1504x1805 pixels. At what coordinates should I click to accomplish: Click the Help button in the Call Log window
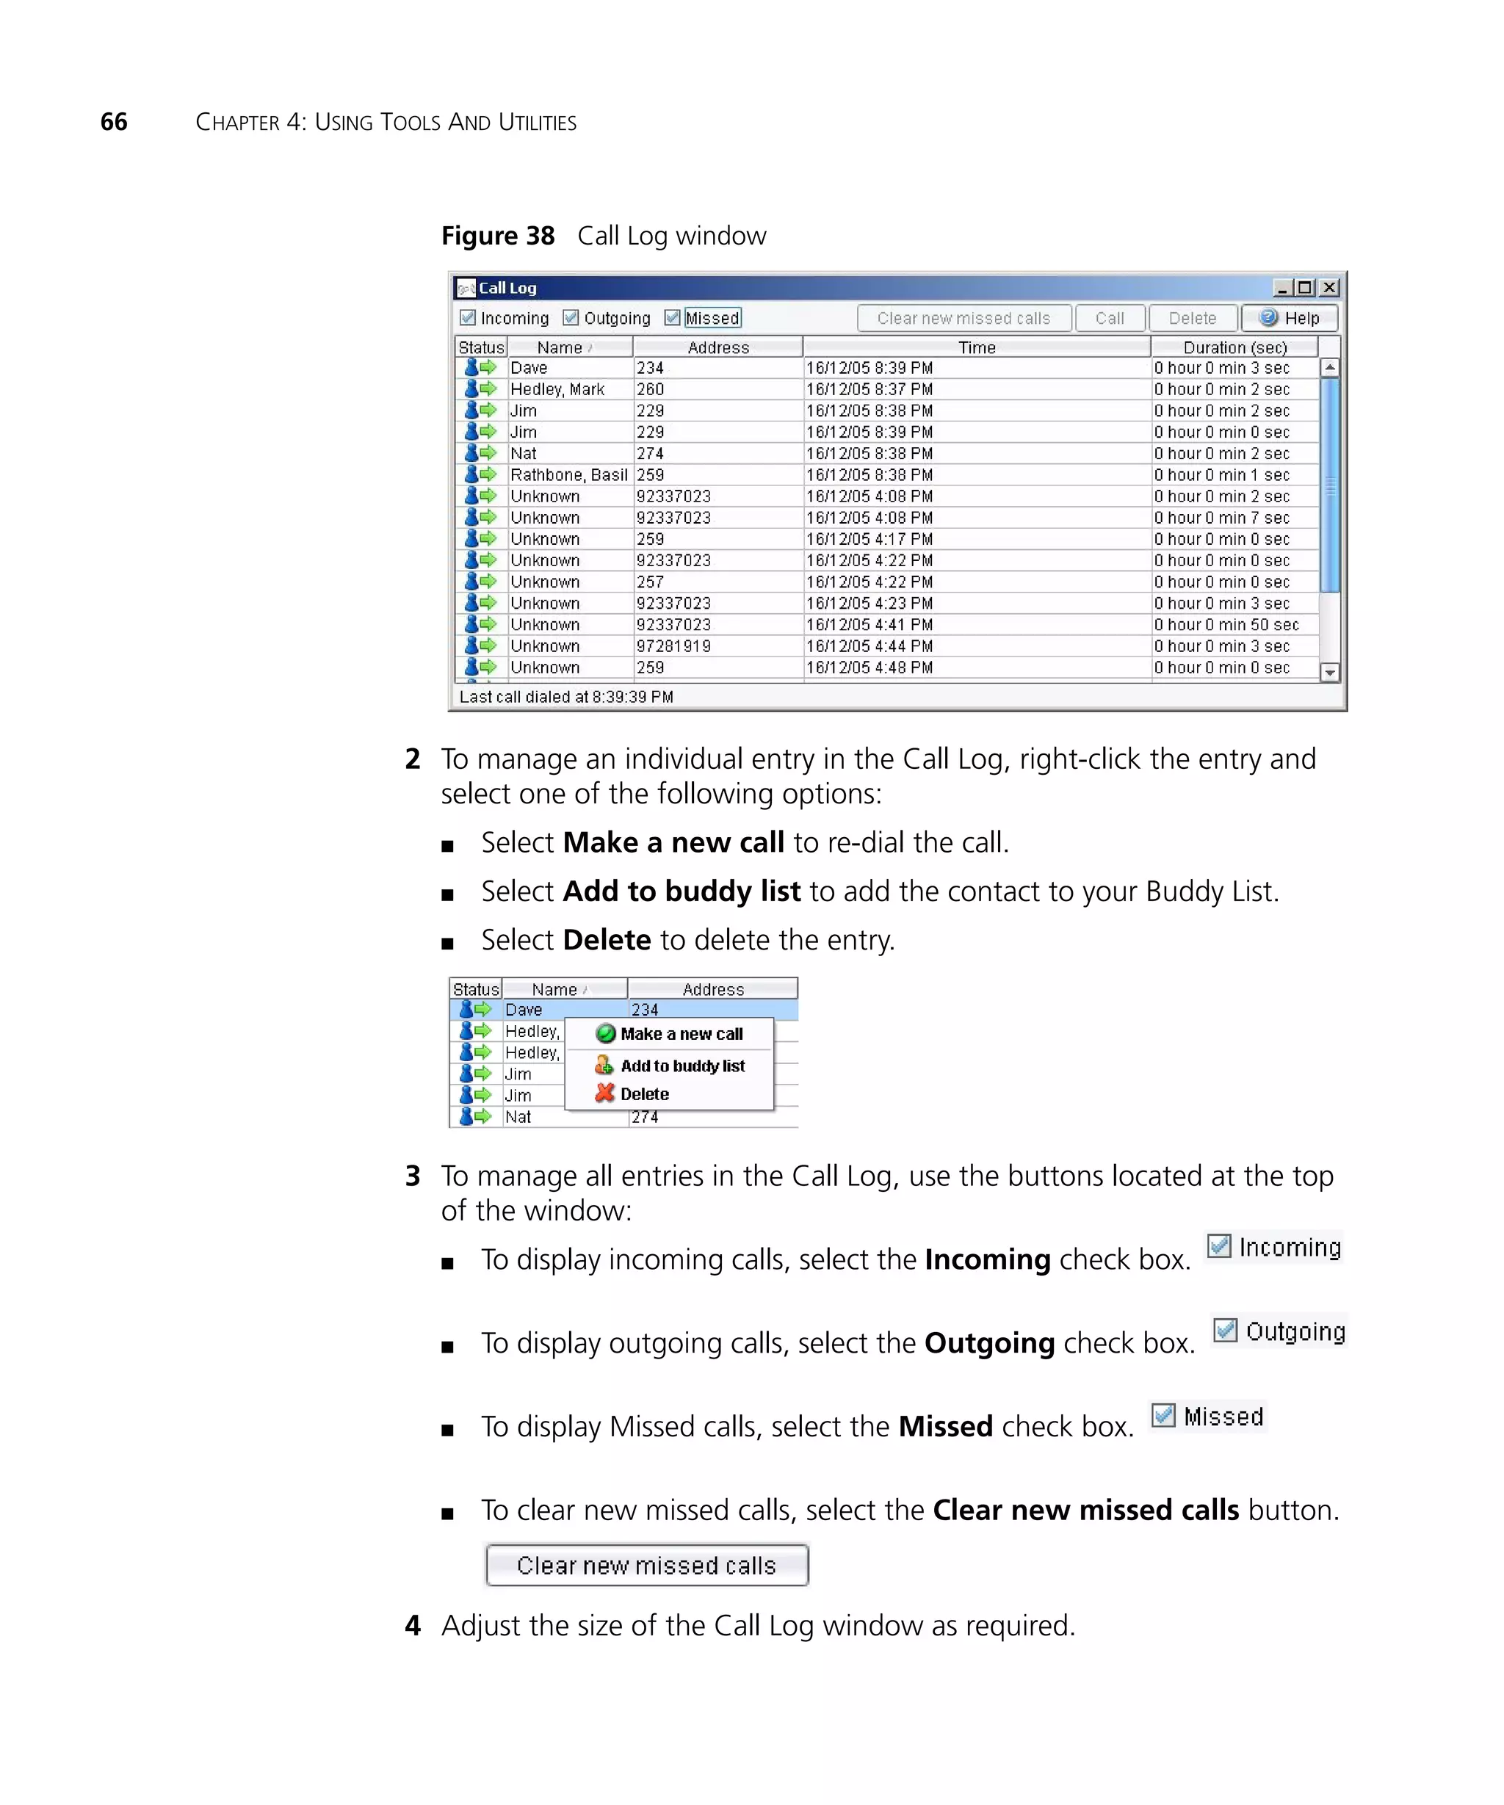pyautogui.click(x=1288, y=318)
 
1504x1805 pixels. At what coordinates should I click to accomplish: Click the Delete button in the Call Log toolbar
pyautogui.click(x=1192, y=318)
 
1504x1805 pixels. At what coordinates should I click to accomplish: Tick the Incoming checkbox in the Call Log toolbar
pyautogui.click(x=468, y=318)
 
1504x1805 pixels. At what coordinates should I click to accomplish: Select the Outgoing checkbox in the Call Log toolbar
pyautogui.click(x=571, y=318)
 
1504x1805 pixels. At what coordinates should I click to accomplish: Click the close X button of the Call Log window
pyautogui.click(x=1328, y=287)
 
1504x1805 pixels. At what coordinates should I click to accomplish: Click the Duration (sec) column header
pyautogui.click(x=1234, y=347)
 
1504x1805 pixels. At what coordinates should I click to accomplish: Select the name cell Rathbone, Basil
pyautogui.click(x=568, y=474)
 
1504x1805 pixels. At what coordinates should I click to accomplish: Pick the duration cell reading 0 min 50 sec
pyautogui.click(x=1226, y=625)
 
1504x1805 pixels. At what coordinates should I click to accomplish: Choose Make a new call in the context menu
pyautogui.click(x=681, y=1034)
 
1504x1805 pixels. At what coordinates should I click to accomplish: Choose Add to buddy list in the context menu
pyautogui.click(x=682, y=1066)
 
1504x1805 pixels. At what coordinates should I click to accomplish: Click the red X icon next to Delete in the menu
pyautogui.click(x=605, y=1093)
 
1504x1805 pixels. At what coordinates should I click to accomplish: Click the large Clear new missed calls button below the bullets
pyautogui.click(x=646, y=1565)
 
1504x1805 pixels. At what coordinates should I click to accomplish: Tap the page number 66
pyautogui.click(x=113, y=122)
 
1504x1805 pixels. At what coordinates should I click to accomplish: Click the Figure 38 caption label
pyautogui.click(x=498, y=236)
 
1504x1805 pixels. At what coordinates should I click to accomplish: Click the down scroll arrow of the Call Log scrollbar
pyautogui.click(x=1329, y=672)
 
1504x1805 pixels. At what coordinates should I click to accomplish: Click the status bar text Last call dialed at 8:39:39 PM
pyautogui.click(x=565, y=696)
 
